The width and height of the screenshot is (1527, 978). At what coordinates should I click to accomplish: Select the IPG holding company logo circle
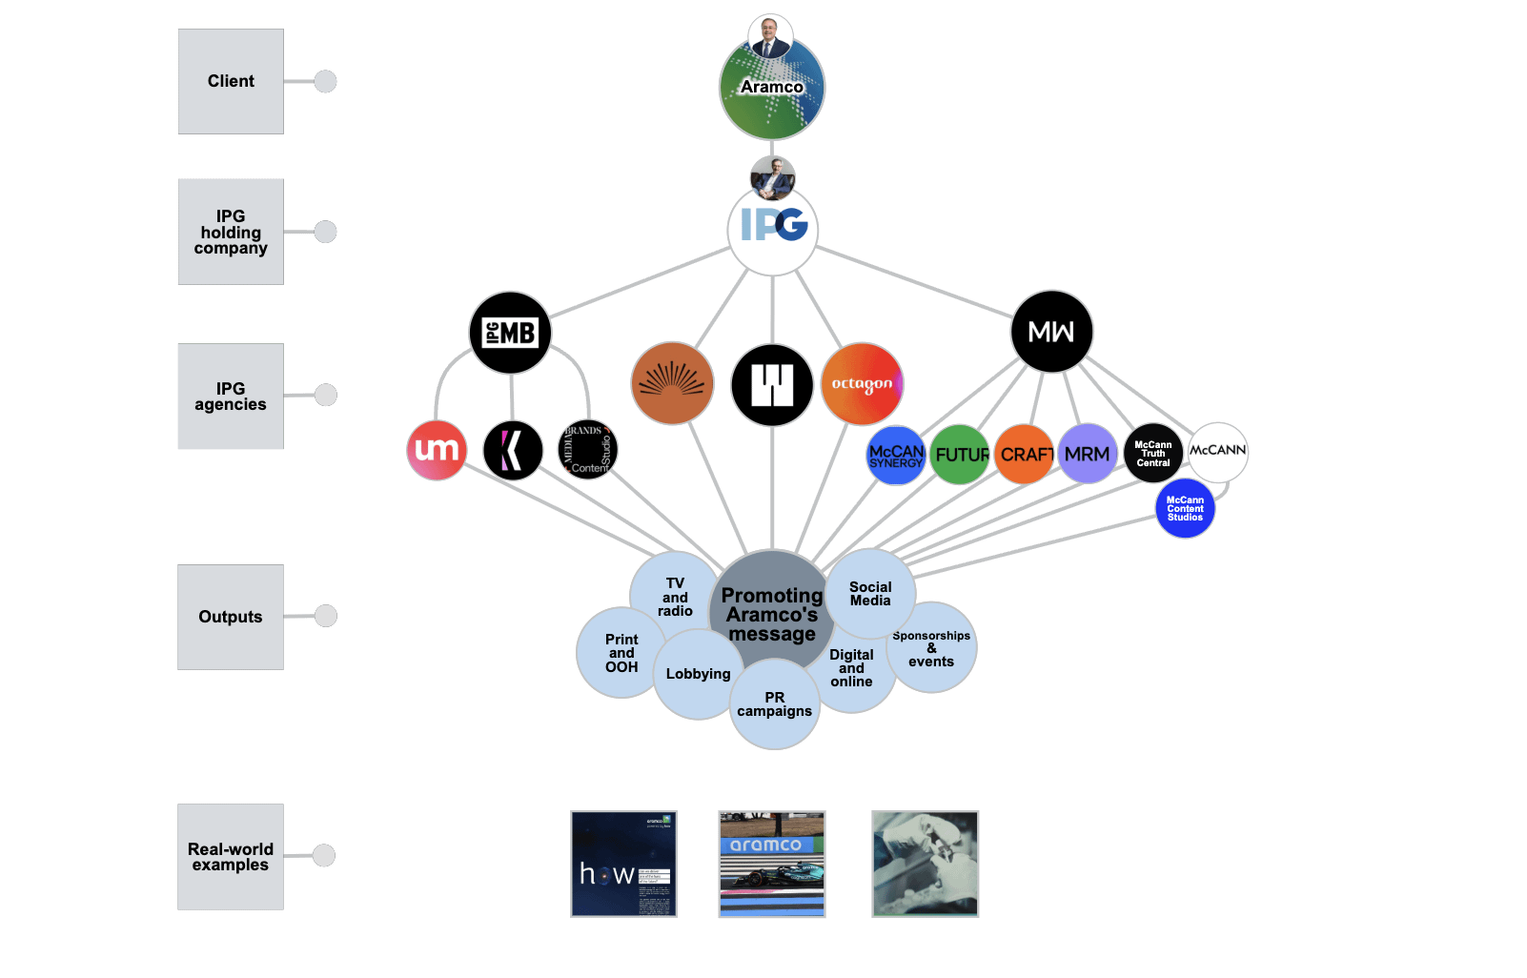(x=773, y=230)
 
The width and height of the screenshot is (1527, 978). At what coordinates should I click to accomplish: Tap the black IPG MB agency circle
(x=511, y=333)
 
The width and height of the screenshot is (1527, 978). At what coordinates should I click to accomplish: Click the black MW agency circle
(x=1051, y=332)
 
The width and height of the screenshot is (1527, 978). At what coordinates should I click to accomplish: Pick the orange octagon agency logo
(x=862, y=384)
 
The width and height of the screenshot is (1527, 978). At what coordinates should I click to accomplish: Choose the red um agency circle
(x=437, y=450)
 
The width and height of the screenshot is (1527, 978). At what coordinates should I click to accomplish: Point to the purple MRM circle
(x=1088, y=455)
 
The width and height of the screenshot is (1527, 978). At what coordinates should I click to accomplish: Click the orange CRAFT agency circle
(x=1025, y=455)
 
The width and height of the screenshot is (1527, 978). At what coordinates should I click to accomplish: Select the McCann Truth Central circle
(x=1153, y=454)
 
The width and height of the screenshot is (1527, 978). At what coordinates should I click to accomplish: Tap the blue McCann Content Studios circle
(x=1185, y=509)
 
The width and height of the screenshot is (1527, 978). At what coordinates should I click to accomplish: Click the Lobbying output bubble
(x=698, y=675)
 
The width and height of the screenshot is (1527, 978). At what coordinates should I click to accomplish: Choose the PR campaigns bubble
(x=775, y=705)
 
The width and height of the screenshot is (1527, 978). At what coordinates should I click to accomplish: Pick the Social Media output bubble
(x=871, y=593)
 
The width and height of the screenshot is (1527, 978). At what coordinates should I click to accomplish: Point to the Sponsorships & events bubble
(x=932, y=648)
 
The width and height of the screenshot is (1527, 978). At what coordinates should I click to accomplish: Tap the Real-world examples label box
(x=231, y=857)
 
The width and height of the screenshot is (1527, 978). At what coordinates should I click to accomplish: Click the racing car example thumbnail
(x=772, y=865)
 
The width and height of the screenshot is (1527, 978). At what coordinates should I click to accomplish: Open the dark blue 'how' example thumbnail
(x=623, y=865)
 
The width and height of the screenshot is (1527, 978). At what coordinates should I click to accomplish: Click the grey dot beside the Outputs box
(x=326, y=616)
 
